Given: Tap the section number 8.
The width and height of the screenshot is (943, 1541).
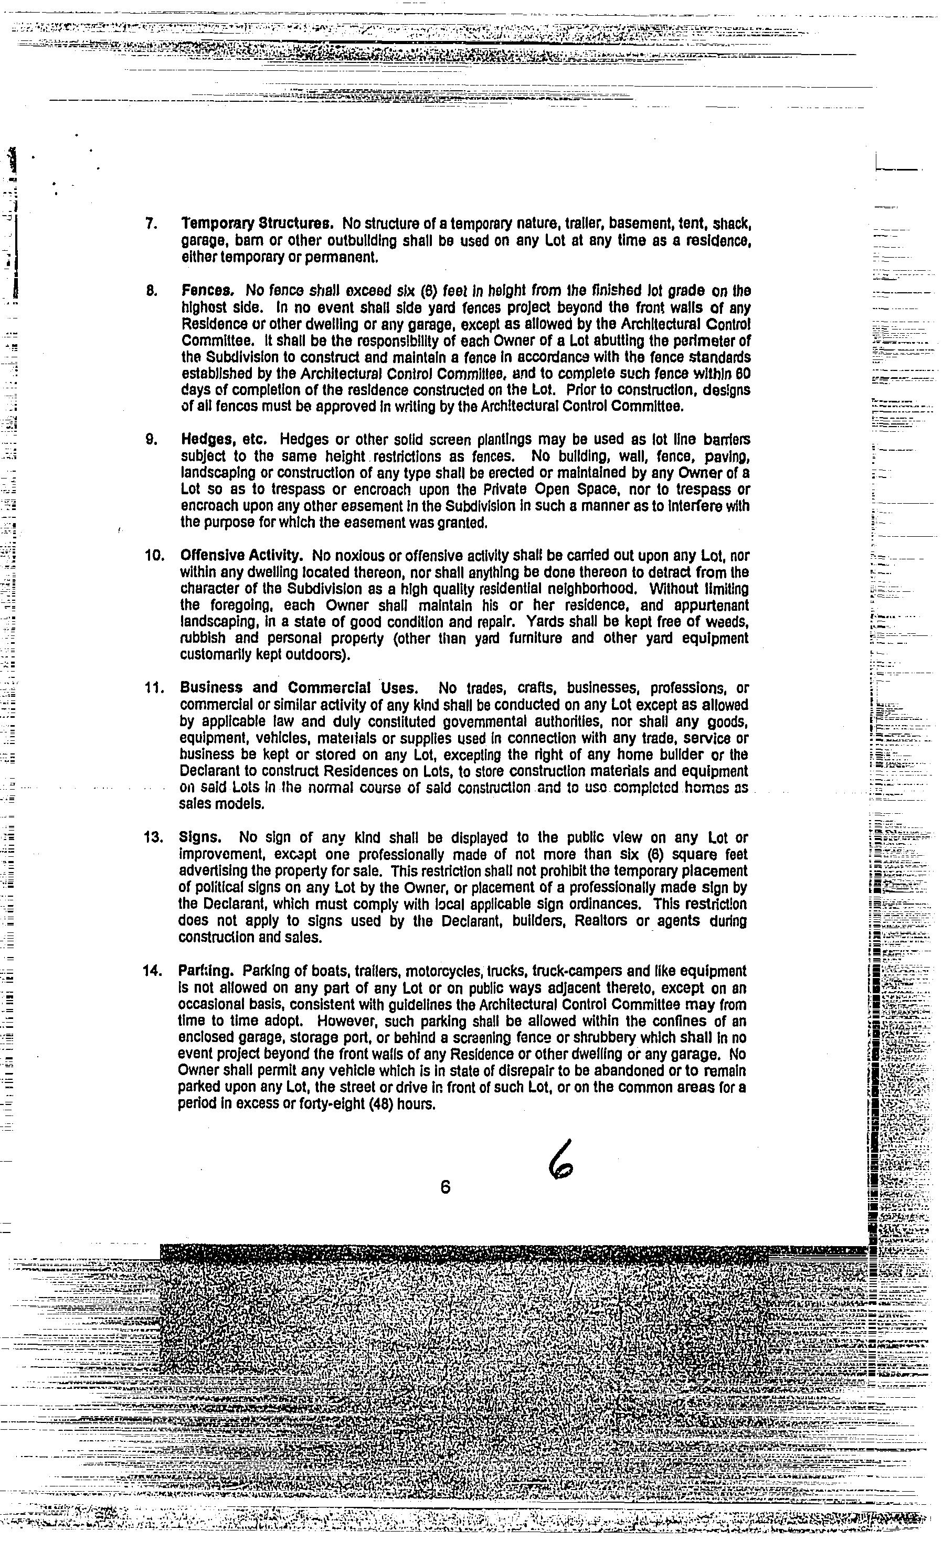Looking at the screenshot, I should pyautogui.click(x=151, y=291).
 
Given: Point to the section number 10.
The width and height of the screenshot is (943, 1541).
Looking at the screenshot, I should pyautogui.click(x=154, y=555).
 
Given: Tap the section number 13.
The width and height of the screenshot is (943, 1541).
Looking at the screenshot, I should pyautogui.click(x=153, y=837).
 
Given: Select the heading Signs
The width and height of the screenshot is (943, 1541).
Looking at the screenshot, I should pyautogui.click(x=198, y=837).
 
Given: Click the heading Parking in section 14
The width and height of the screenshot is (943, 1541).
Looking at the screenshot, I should pyautogui.click(x=206, y=971).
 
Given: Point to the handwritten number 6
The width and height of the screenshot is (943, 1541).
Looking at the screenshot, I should pyautogui.click(x=561, y=1164).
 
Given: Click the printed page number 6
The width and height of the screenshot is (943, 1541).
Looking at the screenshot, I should pyautogui.click(x=445, y=1186).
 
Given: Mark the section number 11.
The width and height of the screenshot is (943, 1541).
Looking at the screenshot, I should pyautogui.click(x=154, y=688).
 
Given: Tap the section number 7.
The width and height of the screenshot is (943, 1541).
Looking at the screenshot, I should pyautogui.click(x=151, y=224).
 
